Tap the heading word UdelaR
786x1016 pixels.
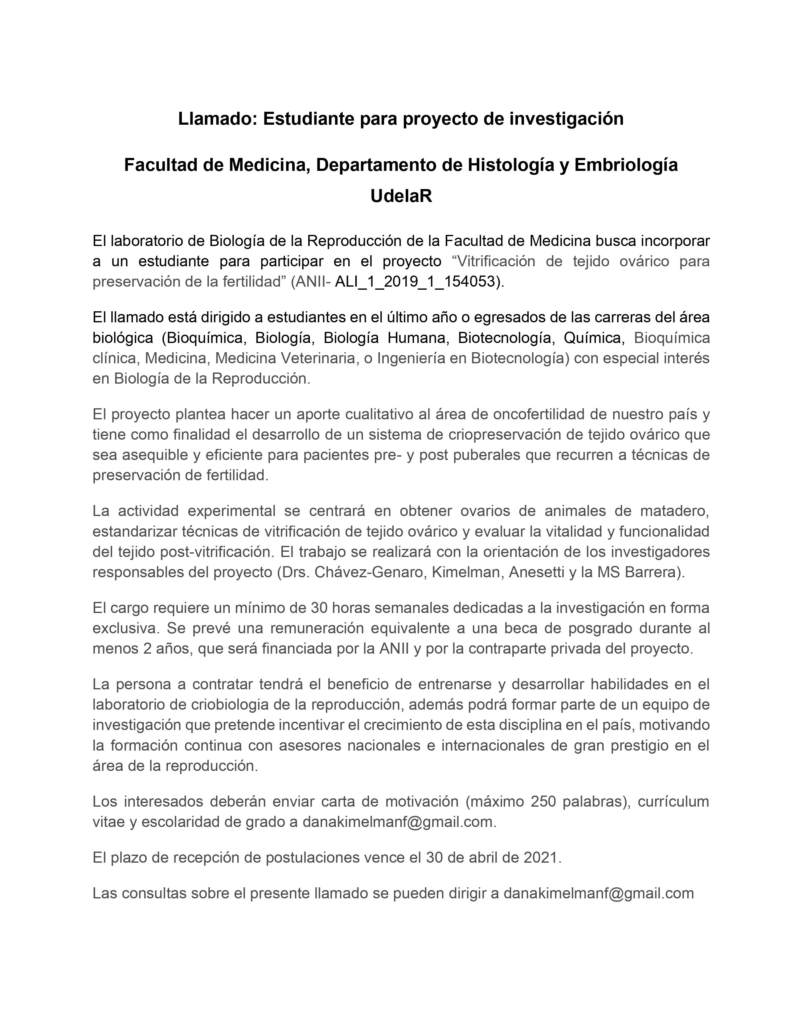pyautogui.click(x=401, y=196)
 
